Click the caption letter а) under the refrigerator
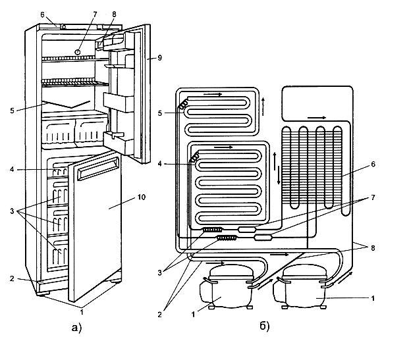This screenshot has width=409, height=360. click(x=76, y=327)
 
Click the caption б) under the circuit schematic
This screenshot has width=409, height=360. click(x=265, y=326)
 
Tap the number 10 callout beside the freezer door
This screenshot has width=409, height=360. click(x=141, y=197)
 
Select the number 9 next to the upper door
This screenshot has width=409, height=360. click(x=159, y=57)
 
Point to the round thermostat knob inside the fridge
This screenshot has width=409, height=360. click(x=78, y=52)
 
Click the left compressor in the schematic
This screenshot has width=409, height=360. click(x=226, y=287)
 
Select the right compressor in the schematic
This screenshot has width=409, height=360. click(x=300, y=287)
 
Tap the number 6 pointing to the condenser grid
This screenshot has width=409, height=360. click(x=373, y=165)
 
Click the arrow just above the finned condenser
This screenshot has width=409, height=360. click(x=317, y=118)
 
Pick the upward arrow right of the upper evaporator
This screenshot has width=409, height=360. click(x=263, y=107)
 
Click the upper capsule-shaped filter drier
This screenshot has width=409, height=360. click(x=247, y=230)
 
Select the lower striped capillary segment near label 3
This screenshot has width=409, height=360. click(x=227, y=238)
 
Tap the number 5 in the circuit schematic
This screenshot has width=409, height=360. click(x=160, y=113)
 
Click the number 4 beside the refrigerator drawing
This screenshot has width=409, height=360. click(x=12, y=169)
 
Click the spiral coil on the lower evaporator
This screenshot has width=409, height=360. click(x=194, y=157)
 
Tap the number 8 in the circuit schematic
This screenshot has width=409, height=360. click(x=373, y=248)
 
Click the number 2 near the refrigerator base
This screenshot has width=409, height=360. click(x=12, y=278)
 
